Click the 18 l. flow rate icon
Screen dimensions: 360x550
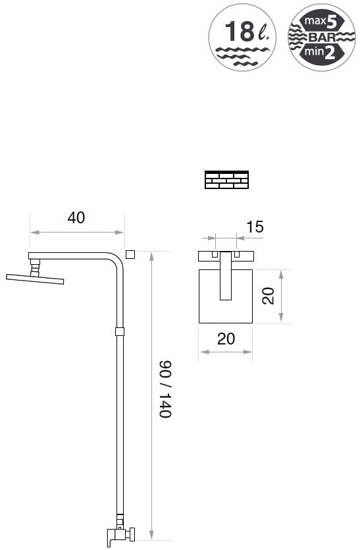pos(242,37)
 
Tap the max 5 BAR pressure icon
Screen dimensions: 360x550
pos(322,37)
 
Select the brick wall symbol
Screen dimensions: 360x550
pos(227,180)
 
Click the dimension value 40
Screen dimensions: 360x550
pos(76,217)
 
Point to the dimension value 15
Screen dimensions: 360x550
pos(255,227)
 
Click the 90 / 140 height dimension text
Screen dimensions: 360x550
pos(165,389)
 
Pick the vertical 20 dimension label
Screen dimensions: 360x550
pos(268,296)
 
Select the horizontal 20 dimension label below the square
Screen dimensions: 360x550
pos(226,339)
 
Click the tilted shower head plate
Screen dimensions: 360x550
pos(35,279)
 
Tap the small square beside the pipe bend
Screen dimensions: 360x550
pos(130,254)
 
